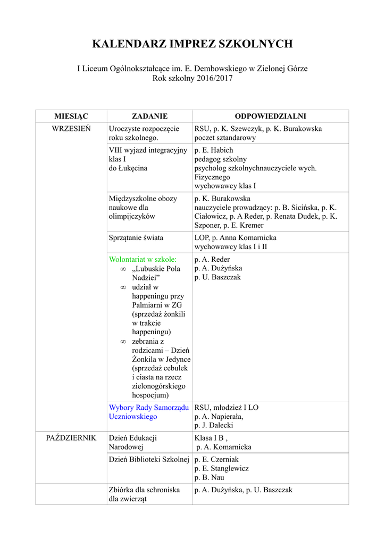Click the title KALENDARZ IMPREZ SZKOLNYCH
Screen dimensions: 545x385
(x=192, y=44)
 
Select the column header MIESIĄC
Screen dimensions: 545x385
(x=71, y=116)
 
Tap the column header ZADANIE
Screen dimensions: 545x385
(x=149, y=116)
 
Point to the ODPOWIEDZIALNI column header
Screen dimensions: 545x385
(x=270, y=116)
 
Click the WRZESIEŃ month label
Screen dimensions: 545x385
(x=71, y=129)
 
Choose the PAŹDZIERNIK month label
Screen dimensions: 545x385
(x=71, y=438)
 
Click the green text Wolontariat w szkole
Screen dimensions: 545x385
(x=143, y=259)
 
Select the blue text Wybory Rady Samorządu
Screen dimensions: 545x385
(x=149, y=408)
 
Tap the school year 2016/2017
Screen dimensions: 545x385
(x=208, y=78)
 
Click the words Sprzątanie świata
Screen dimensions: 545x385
(x=136, y=238)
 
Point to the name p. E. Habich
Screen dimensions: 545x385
(x=214, y=150)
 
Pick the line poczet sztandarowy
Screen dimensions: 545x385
(x=225, y=138)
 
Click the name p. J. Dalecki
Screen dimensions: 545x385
(x=214, y=425)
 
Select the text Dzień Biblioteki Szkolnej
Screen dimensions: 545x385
(x=149, y=459)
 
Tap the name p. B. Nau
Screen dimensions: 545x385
(x=210, y=477)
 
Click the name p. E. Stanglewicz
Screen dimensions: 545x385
(x=222, y=468)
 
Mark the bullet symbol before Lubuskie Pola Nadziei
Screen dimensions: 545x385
(x=123, y=269)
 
